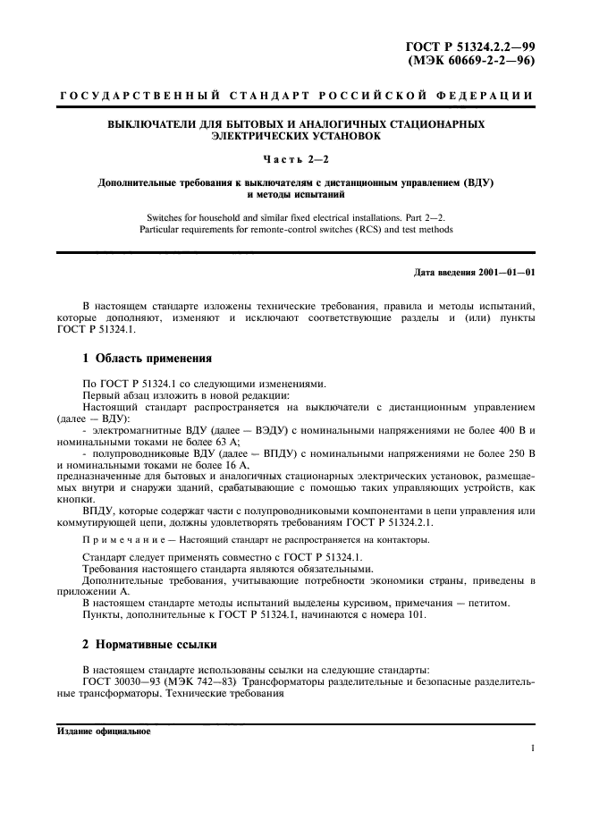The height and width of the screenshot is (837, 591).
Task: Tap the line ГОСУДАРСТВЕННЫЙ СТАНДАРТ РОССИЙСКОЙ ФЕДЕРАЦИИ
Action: pyautogui.click(x=296, y=95)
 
